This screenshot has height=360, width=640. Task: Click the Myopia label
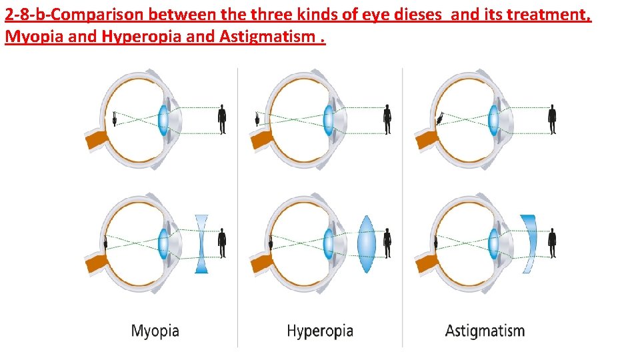155,330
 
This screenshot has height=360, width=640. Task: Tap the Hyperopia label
319,330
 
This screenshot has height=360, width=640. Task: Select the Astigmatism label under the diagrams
485,330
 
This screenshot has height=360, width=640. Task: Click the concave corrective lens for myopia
202,243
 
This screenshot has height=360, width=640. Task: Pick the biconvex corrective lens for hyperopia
367,243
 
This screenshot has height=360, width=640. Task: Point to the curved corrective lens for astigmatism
529,243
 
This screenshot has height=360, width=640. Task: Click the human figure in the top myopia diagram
222,121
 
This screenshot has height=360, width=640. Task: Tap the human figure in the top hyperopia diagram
387,121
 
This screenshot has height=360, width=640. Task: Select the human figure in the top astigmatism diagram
551,121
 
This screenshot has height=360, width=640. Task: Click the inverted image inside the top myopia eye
116,119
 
